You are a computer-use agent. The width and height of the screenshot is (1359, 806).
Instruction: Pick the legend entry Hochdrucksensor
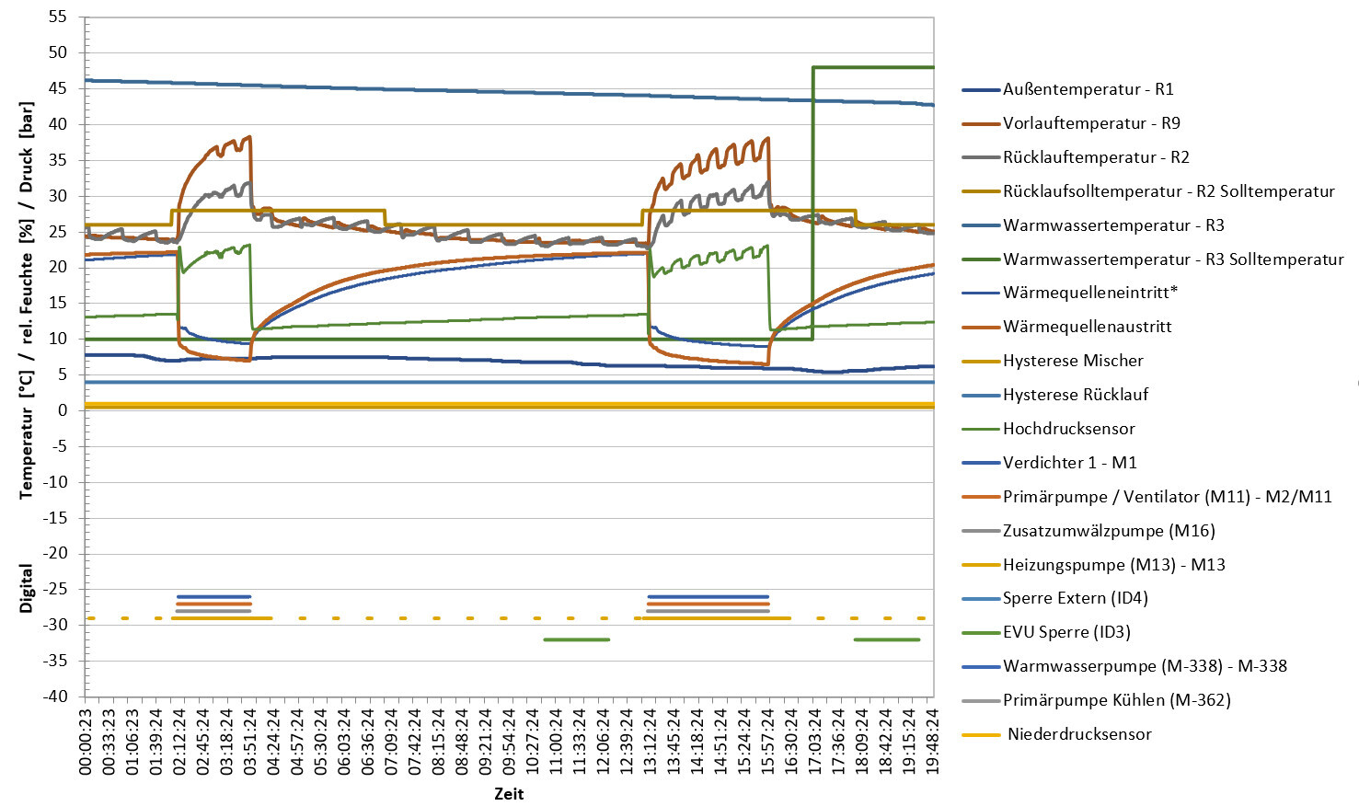1068,429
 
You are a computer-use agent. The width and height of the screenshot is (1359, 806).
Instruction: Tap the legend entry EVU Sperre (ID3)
1066,632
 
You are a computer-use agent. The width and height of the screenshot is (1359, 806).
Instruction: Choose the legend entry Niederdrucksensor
1079,734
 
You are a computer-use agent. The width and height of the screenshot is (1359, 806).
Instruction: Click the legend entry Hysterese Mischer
1073,361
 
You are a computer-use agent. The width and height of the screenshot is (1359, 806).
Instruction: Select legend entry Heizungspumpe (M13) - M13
1113,565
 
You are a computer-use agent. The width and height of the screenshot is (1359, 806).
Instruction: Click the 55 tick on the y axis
58,17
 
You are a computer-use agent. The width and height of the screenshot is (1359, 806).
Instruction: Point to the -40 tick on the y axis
54,696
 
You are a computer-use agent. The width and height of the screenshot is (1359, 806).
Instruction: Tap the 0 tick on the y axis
63,410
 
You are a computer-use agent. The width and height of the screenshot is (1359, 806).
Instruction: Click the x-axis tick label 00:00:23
86,742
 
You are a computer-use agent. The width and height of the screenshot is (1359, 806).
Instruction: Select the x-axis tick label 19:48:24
932,742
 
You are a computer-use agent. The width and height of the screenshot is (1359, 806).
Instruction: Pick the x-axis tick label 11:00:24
556,742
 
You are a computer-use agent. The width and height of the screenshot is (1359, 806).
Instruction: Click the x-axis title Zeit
509,794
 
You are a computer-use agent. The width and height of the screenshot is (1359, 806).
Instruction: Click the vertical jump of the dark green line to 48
812,202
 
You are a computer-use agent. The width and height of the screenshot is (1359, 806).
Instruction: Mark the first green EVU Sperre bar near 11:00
576,639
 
